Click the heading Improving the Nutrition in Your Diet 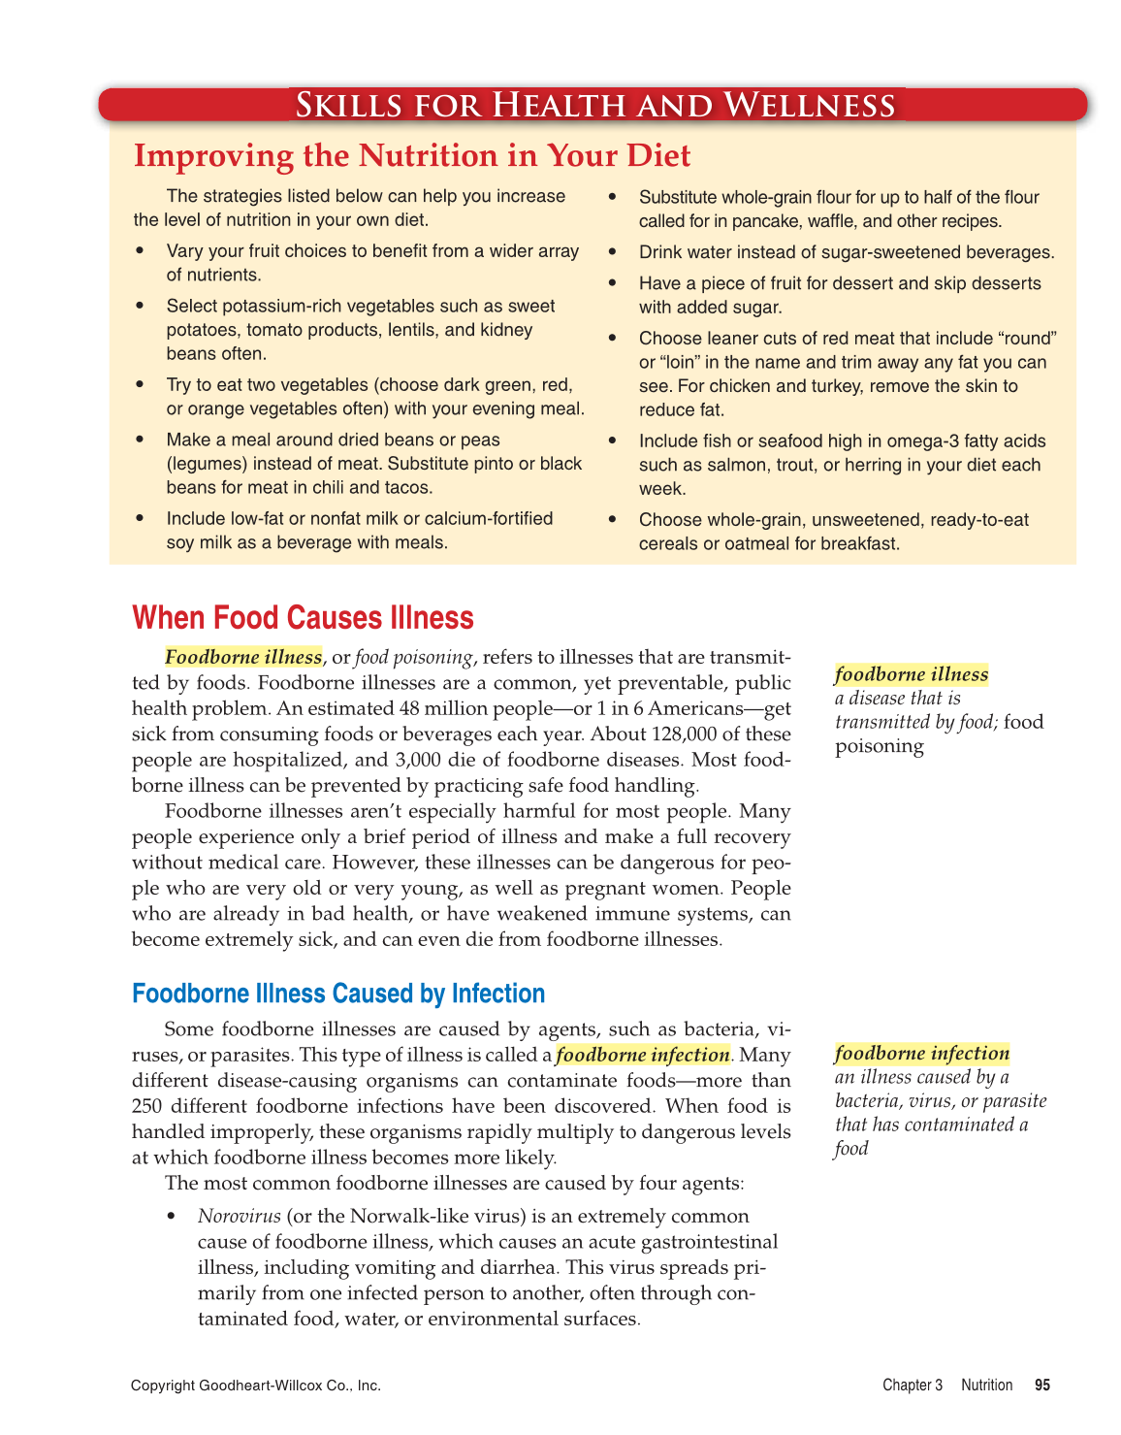412,155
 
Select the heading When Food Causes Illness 303,618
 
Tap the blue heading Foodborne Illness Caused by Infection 338,994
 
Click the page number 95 1042,1386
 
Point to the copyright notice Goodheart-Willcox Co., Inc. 256,1386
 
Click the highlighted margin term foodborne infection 921,1054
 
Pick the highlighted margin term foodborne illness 912,674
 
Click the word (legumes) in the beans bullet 207,464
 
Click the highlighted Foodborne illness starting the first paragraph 243,658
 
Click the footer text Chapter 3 912,1386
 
